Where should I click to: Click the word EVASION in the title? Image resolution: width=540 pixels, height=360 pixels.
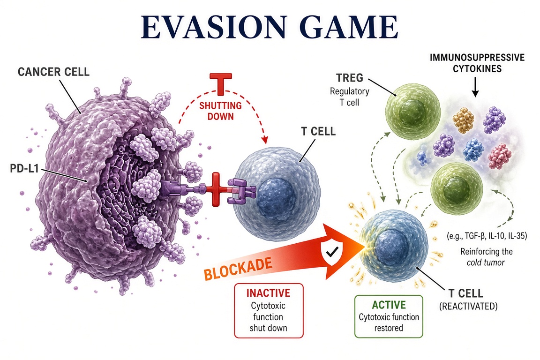214,27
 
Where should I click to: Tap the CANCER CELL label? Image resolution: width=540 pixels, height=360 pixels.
53,72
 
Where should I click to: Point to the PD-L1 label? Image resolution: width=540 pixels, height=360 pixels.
24,168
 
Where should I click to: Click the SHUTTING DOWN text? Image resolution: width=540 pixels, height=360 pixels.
220,111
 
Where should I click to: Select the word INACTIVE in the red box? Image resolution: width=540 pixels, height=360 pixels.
268,293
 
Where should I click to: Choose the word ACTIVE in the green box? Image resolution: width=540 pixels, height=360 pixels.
389,305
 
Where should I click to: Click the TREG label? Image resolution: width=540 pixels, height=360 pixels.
350,78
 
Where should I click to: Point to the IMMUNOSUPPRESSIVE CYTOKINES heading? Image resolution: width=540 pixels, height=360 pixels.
477,63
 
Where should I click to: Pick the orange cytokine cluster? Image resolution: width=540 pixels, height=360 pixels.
464,120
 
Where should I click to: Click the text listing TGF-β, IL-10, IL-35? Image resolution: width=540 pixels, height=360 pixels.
487,236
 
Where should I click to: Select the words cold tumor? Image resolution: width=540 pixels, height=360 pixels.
486,262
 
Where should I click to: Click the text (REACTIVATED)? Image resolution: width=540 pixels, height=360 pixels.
468,306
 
